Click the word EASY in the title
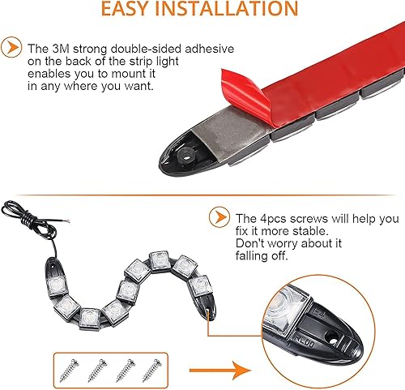[125, 9]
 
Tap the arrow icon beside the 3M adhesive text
[11, 47]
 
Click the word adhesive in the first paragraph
[210, 49]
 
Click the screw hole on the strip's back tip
[186, 156]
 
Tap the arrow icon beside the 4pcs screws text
[220, 217]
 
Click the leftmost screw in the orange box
[69, 371]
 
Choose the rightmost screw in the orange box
[152, 371]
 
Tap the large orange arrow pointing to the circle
[220, 371]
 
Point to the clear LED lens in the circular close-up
[286, 311]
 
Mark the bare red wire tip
[67, 221]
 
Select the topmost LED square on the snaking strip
[160, 260]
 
